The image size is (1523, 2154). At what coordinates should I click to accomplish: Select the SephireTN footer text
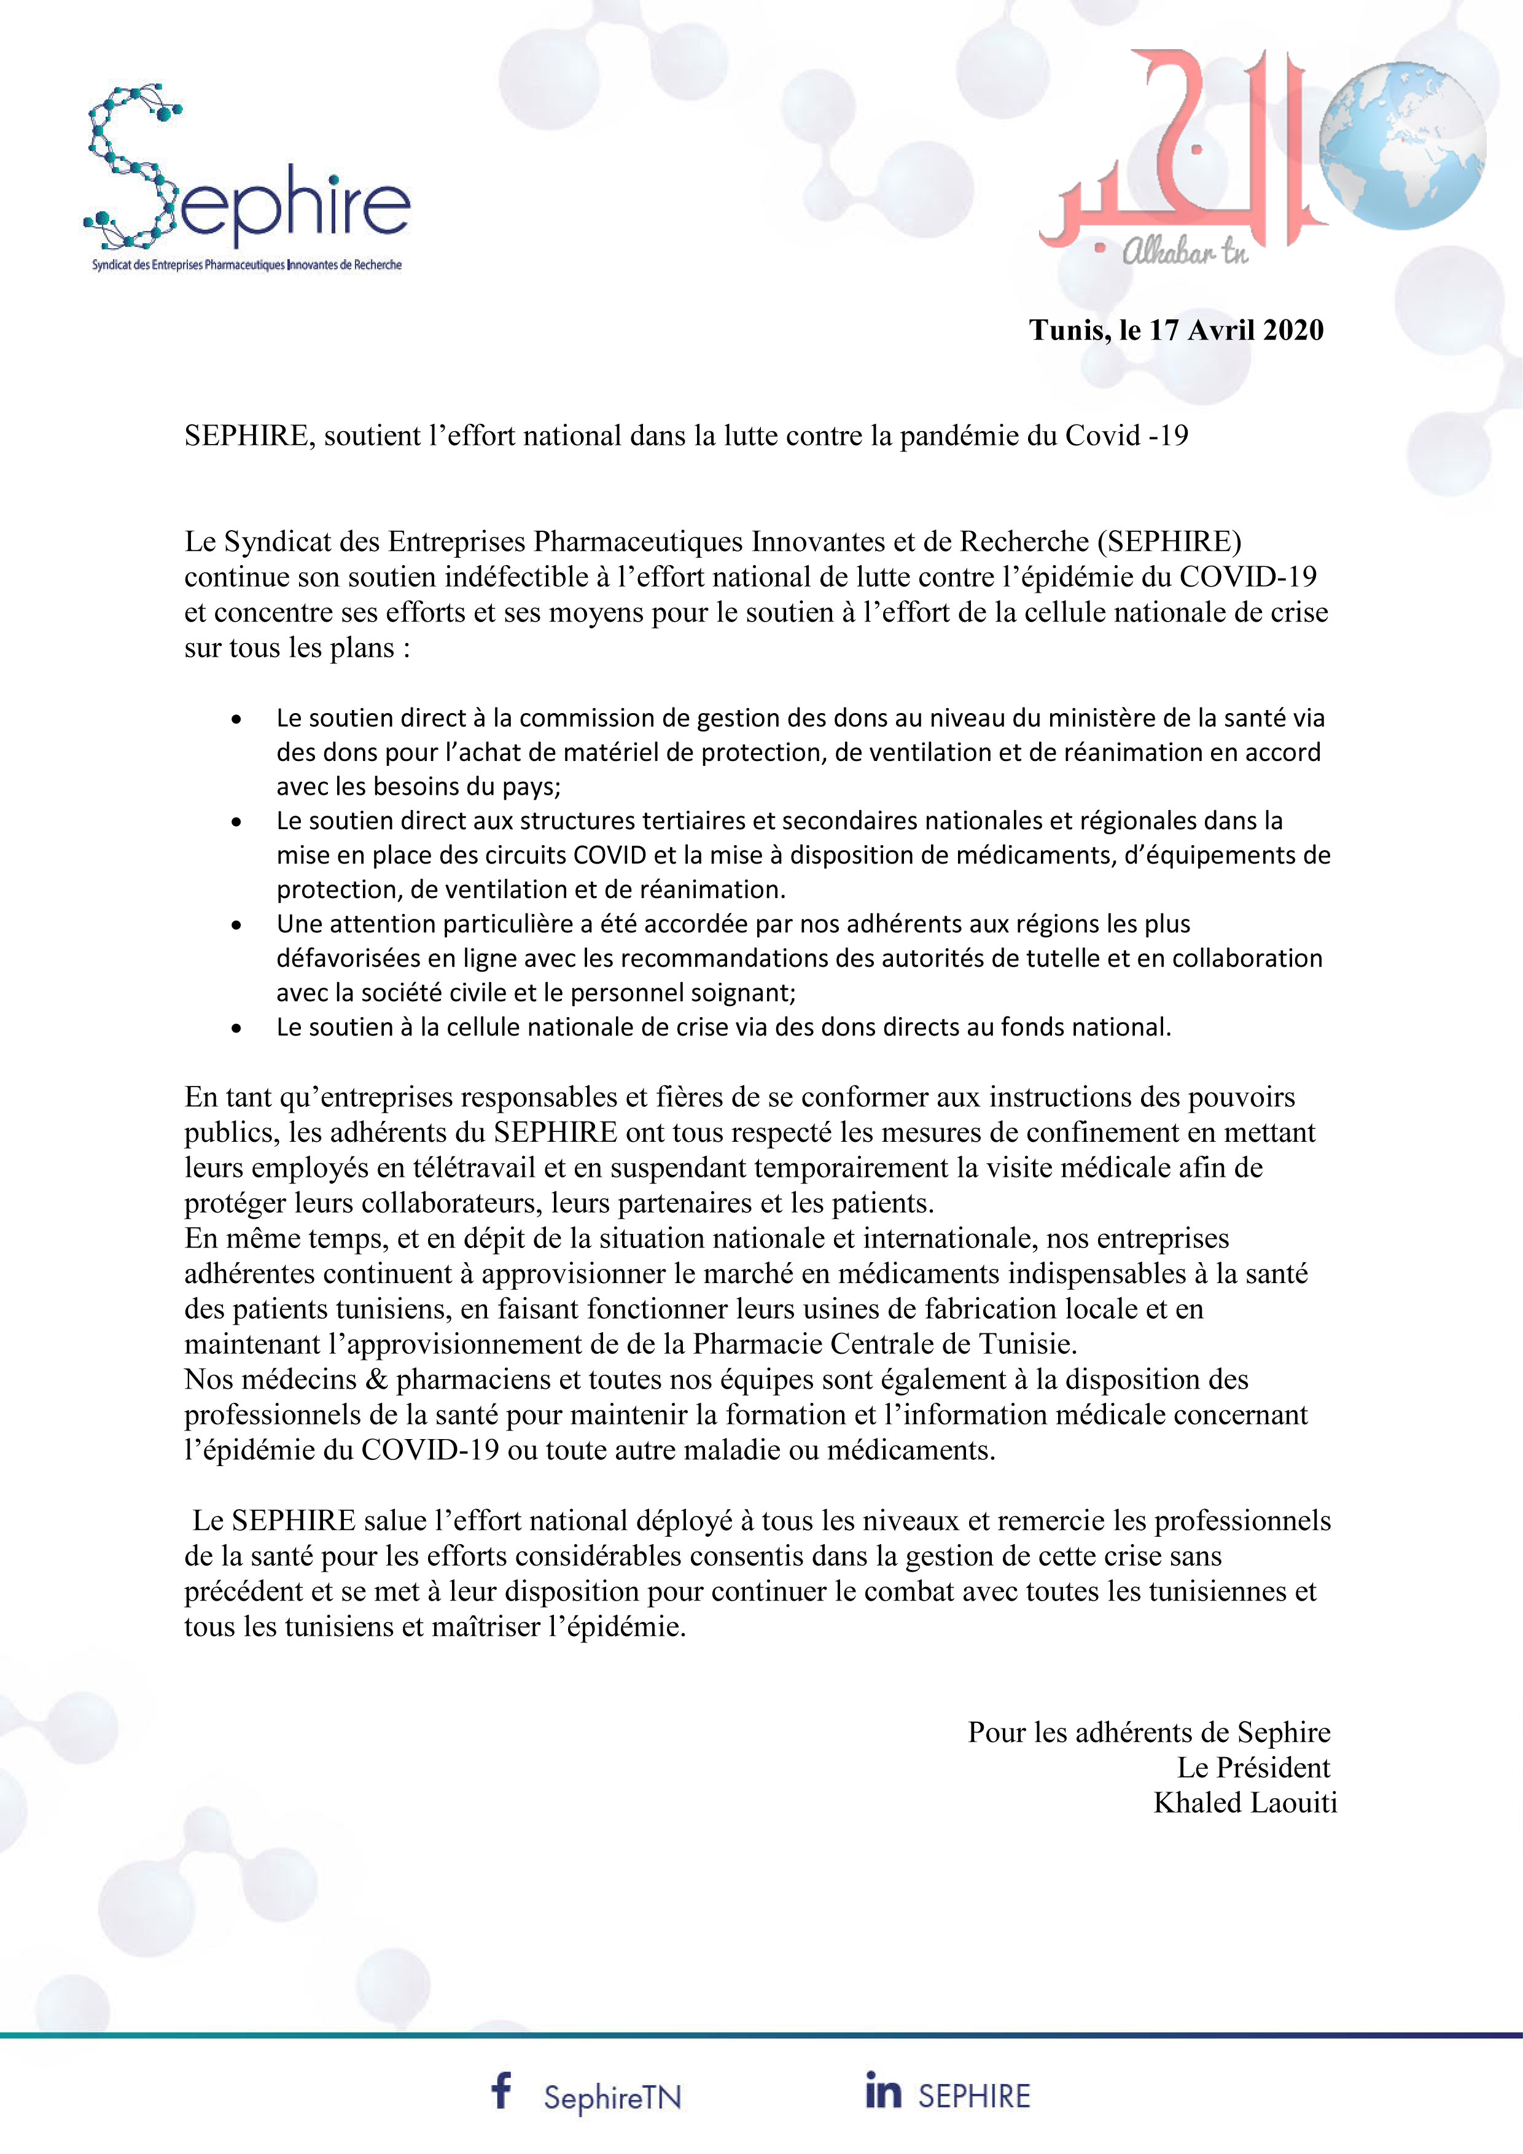point(612,2097)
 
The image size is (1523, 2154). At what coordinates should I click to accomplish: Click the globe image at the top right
point(1402,146)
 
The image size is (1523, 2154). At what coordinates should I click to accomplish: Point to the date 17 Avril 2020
point(1236,330)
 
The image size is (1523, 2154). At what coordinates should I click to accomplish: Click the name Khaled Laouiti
point(1244,1802)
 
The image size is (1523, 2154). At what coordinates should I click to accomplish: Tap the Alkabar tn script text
point(1185,251)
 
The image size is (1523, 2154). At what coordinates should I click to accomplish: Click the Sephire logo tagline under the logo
point(247,265)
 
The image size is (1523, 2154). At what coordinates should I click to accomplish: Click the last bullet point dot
point(236,1028)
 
